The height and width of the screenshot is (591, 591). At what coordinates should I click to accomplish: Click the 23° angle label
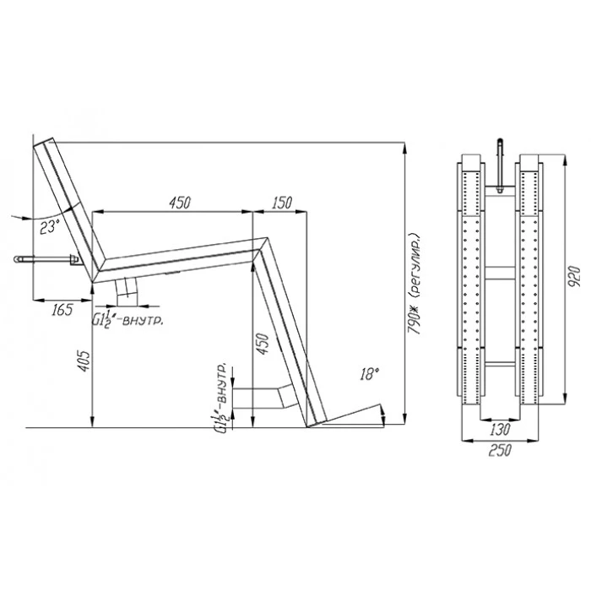51,228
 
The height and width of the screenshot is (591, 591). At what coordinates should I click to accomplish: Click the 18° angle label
369,374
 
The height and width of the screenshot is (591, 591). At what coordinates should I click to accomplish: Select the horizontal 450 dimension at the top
180,203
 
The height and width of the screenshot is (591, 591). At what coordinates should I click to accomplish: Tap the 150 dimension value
281,203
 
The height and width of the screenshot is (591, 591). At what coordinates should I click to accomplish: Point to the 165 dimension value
62,310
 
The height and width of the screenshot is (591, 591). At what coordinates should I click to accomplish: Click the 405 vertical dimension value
84,361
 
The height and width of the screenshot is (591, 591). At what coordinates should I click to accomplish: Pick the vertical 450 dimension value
263,344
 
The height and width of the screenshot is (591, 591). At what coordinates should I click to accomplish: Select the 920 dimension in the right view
573,277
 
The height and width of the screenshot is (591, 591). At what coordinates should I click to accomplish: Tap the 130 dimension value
501,429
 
